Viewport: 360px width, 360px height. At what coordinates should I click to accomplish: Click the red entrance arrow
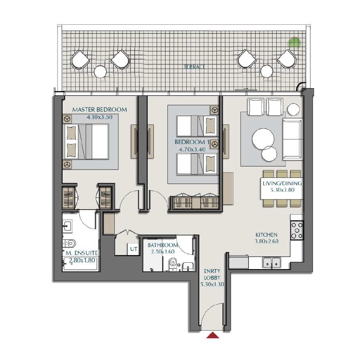coord(212,335)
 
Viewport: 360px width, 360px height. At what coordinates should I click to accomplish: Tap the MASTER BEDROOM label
coord(99,109)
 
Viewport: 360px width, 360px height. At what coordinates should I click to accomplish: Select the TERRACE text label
coord(194,67)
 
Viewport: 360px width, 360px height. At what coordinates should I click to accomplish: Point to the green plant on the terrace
coord(294,43)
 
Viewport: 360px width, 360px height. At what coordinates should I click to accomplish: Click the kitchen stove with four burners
coord(297,229)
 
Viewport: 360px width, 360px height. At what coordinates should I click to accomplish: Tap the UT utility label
coord(134,248)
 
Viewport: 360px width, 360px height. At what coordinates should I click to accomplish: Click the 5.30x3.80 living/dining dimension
coord(282,191)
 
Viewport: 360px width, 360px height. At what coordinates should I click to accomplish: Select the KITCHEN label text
coord(266,235)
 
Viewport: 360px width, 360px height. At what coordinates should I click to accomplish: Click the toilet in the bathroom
coord(171,264)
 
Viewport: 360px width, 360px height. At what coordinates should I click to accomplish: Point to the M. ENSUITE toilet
coord(70,244)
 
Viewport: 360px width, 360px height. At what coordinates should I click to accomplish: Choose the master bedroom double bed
coord(88,142)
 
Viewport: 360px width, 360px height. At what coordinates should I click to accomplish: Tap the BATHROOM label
coord(163,245)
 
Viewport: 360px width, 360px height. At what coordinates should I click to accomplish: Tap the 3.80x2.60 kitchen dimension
coord(266,242)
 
